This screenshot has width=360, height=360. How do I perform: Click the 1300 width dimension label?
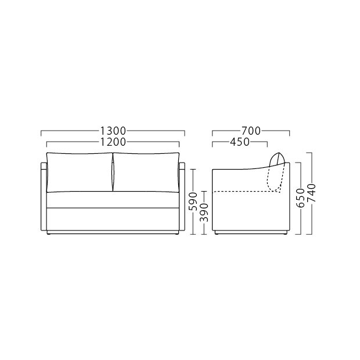click(113, 131)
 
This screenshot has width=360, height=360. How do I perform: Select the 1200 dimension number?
click(113, 142)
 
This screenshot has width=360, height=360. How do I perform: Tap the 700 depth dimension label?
click(251, 131)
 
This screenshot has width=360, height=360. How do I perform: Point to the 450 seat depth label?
click(240, 142)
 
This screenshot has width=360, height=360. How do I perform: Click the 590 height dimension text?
click(193, 201)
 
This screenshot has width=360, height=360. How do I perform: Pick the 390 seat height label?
click(204, 213)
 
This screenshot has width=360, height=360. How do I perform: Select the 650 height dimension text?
click(301, 198)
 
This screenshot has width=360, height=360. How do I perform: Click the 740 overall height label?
click(312, 193)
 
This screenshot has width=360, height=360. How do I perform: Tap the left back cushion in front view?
click(80, 172)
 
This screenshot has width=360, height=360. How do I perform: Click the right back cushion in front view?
click(146, 172)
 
